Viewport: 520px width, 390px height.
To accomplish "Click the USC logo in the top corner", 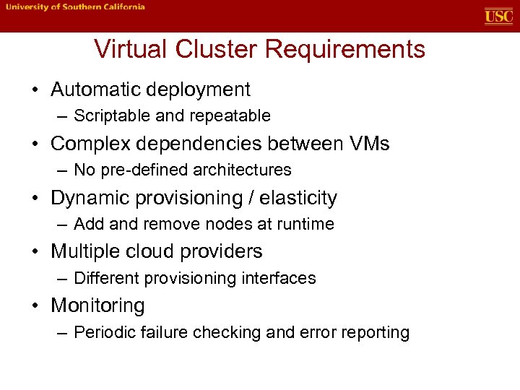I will [498, 16].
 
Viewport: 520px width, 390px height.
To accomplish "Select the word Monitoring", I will [97, 306].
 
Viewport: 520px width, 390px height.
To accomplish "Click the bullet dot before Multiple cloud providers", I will [35, 252].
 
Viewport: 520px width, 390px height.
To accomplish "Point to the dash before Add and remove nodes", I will [61, 225].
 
